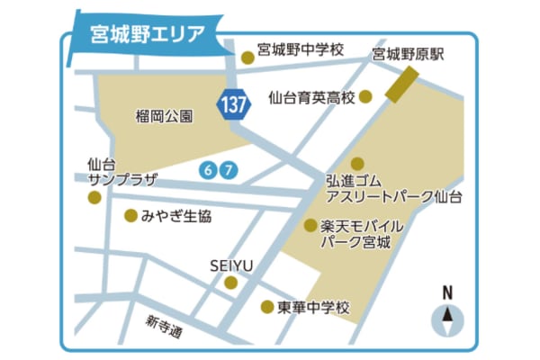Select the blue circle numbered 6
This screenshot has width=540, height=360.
point(210,169)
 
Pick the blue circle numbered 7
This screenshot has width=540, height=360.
point(229,169)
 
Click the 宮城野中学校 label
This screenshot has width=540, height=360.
point(300,50)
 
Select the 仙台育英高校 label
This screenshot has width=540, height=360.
point(311,96)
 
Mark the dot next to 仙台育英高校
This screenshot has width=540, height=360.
point(365,96)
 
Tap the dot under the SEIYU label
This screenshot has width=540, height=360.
point(231,283)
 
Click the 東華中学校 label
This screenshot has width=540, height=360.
point(315,307)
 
